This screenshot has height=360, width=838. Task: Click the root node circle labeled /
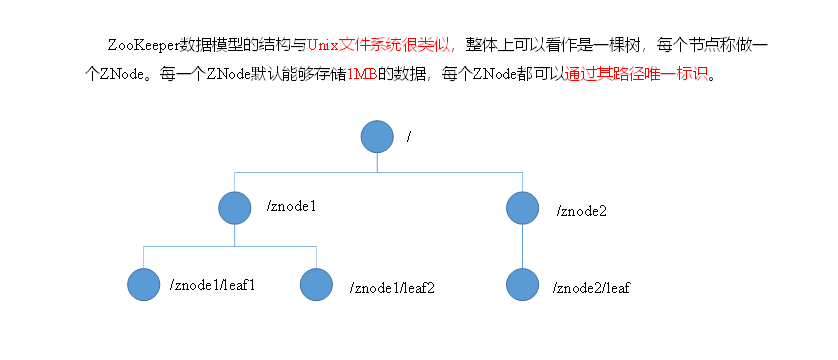(376, 137)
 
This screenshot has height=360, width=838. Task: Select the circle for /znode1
(234, 208)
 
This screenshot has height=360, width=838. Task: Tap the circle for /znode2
(522, 208)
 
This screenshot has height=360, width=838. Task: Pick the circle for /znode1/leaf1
(144, 283)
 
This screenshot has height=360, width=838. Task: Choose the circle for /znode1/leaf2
(316, 285)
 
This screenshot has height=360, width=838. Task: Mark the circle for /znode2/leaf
(522, 285)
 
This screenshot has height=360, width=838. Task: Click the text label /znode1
(292, 207)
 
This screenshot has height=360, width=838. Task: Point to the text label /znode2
(582, 211)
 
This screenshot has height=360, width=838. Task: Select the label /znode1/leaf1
(213, 285)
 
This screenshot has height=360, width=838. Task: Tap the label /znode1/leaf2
(393, 288)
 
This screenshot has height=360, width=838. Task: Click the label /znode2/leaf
(591, 288)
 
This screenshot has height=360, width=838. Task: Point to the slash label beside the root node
(409, 135)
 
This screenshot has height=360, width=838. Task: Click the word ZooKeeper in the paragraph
(142, 46)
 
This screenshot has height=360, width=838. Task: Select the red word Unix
(323, 46)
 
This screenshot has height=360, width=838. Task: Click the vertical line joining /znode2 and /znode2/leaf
(522, 245)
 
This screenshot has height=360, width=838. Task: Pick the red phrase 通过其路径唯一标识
(637, 76)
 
